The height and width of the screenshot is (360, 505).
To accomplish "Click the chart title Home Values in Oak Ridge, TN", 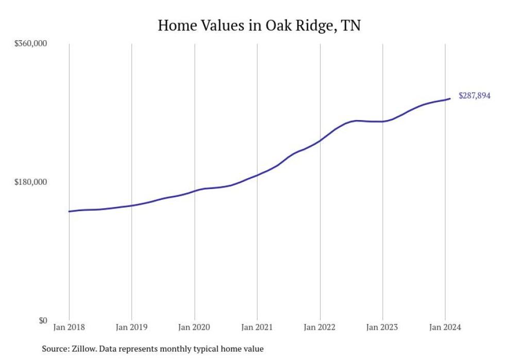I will (x=259, y=25).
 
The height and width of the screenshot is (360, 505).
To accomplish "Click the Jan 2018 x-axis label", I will (x=69, y=327).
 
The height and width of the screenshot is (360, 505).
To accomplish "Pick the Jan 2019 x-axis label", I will (x=132, y=327).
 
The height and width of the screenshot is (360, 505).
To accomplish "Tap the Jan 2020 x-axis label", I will (x=194, y=327).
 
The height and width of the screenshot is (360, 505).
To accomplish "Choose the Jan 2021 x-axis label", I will (x=257, y=327).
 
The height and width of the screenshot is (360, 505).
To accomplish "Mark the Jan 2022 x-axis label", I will (x=320, y=327).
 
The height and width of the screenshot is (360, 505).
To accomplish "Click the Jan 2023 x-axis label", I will (x=382, y=327).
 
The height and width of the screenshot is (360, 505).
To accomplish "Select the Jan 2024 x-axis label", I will (x=445, y=327).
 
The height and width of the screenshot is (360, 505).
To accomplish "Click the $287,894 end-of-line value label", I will (x=474, y=96).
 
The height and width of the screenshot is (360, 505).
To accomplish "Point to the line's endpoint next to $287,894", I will (x=450, y=98).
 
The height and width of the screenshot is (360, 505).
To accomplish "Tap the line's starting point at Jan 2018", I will (x=69, y=211).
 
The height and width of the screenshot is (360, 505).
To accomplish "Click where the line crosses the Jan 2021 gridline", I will (x=257, y=175).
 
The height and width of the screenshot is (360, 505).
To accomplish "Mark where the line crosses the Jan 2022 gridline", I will (x=320, y=140).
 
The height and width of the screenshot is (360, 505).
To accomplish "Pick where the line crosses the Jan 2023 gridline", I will (x=382, y=122).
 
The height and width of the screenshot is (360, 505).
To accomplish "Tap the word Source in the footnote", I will (x=54, y=349).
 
